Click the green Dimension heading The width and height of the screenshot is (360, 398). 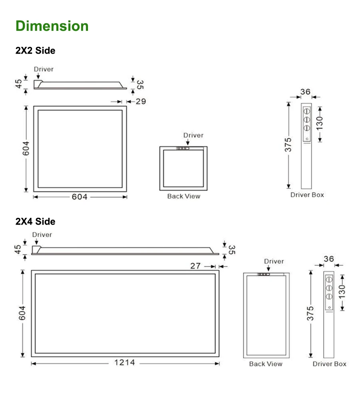point(52,26)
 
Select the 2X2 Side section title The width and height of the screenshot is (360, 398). point(35,51)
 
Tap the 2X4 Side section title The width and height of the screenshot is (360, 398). point(35,221)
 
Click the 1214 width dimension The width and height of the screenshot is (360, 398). point(125,363)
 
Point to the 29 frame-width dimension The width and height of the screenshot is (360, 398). point(140,101)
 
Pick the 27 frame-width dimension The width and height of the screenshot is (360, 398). point(195,265)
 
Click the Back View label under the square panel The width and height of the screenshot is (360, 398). point(184,196)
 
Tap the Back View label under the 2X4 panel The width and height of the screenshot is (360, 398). point(266,364)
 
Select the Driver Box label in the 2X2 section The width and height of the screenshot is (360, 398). point(307,195)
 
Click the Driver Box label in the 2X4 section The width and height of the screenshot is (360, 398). point(329,364)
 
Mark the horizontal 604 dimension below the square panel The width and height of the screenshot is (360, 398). point(80,197)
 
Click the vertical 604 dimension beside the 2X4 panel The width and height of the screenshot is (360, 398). point(22,313)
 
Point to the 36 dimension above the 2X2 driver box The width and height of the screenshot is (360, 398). point(306,92)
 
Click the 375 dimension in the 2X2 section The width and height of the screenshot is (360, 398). point(288,145)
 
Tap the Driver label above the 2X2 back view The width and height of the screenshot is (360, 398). point(193,135)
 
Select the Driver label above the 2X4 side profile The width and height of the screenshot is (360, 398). point(42,235)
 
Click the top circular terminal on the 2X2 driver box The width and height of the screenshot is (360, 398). point(307,110)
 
